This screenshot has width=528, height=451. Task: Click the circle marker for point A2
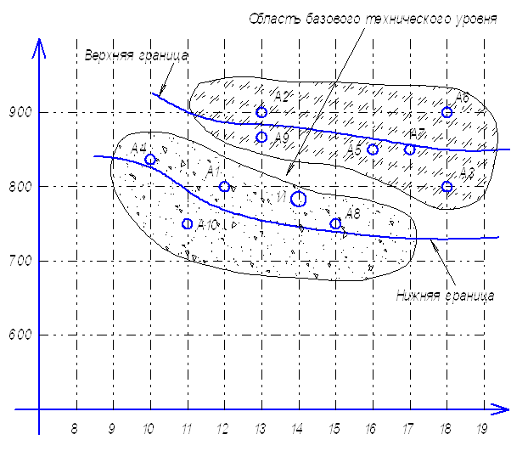(x=261, y=112)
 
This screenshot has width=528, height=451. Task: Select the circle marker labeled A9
(x=261, y=137)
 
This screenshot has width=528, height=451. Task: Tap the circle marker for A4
(x=150, y=160)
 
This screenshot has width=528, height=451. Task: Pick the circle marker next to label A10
(x=188, y=224)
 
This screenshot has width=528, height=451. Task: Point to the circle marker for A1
(x=224, y=187)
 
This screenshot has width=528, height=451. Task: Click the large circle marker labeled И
(x=298, y=199)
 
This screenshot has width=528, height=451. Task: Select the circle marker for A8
(x=335, y=224)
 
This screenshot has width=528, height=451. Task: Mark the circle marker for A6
(x=447, y=112)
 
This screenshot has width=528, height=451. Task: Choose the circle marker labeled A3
(x=447, y=187)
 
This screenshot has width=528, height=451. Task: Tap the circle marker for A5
(x=372, y=149)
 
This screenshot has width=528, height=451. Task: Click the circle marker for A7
(x=410, y=149)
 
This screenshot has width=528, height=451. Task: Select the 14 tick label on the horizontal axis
(x=298, y=427)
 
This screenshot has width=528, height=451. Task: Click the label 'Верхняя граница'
(x=137, y=55)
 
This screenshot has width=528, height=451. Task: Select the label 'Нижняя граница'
(x=445, y=296)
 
